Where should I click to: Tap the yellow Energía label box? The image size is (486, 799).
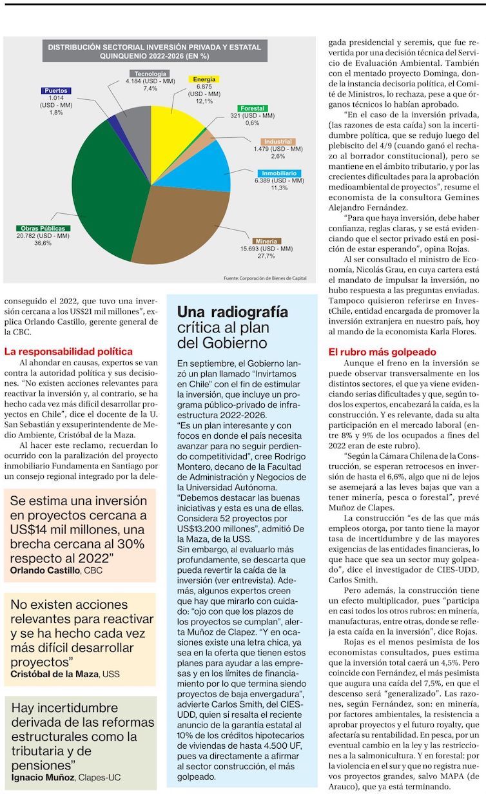[x=204, y=79]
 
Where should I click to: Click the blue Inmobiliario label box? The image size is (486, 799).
[x=279, y=173]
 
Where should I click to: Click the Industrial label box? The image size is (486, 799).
[x=278, y=141]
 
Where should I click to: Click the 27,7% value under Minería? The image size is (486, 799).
[x=266, y=256]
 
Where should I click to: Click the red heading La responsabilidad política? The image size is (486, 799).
[x=68, y=352]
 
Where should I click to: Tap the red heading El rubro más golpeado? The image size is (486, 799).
[x=382, y=352]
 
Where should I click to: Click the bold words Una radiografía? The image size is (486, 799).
[x=232, y=313]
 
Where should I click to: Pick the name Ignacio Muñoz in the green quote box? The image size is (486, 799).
[x=42, y=777]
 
